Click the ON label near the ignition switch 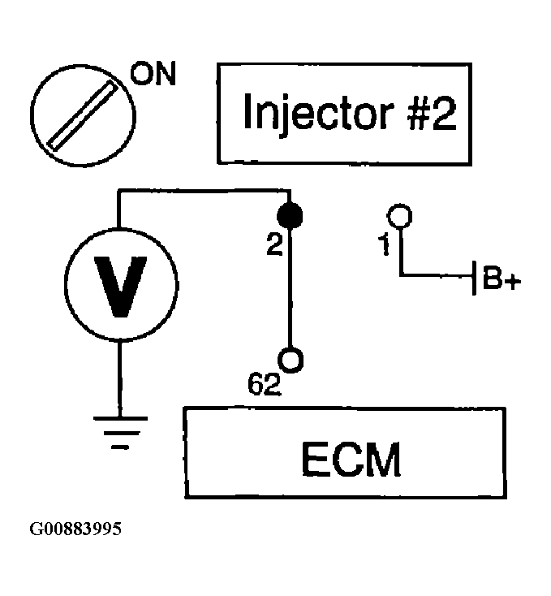pyautogui.click(x=153, y=73)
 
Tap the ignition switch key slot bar pyautogui.click(x=82, y=115)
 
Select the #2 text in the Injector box pyautogui.click(x=433, y=112)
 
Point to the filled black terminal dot pyautogui.click(x=291, y=216)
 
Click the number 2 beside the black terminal pyautogui.click(x=274, y=244)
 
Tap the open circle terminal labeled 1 pyautogui.click(x=399, y=216)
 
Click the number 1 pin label pyautogui.click(x=385, y=244)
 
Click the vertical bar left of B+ pyautogui.click(x=474, y=278)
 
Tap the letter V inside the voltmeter pyautogui.click(x=121, y=287)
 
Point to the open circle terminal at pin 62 pyautogui.click(x=291, y=360)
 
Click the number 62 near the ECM pyautogui.click(x=265, y=384)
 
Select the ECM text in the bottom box pyautogui.click(x=351, y=459)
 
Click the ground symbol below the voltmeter pyautogui.click(x=120, y=433)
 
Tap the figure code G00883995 pyautogui.click(x=75, y=529)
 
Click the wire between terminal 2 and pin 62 pyautogui.click(x=291, y=288)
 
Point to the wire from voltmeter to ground pyautogui.click(x=120, y=379)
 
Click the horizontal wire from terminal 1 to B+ pyautogui.click(x=436, y=274)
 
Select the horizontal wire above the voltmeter pyautogui.click(x=204, y=191)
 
